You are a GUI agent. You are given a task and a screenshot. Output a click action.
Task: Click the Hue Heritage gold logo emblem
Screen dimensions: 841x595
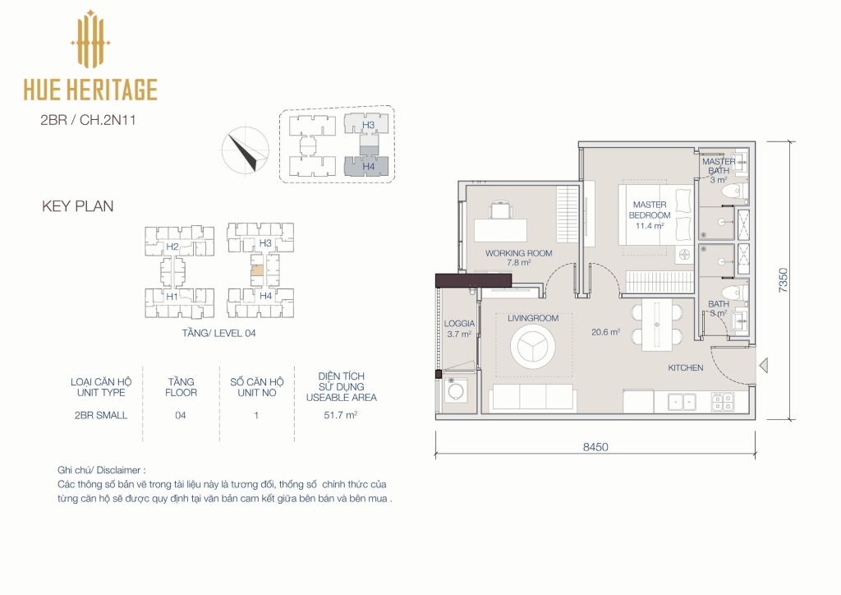90,39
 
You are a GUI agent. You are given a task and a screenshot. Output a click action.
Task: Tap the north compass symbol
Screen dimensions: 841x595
246,150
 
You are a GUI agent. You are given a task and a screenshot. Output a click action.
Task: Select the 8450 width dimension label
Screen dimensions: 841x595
595,447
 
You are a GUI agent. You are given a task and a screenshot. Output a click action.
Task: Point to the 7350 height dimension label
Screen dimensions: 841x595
783,280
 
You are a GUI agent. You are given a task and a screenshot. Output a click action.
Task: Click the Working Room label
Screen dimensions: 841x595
519,253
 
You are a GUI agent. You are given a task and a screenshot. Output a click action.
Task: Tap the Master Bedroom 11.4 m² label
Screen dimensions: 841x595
650,215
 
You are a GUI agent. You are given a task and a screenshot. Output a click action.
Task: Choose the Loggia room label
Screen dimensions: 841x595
459,324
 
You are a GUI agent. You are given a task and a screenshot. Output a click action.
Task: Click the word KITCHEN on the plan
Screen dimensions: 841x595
686,367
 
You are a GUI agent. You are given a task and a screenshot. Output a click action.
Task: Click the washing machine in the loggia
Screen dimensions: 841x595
455,390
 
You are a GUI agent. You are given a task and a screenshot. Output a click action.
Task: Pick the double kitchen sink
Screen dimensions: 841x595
682,402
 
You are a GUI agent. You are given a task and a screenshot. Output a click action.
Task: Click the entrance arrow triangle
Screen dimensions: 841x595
764,366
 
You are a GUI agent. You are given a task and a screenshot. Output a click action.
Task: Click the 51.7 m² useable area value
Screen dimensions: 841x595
341,415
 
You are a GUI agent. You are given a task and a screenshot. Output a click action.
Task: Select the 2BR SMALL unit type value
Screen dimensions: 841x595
101,415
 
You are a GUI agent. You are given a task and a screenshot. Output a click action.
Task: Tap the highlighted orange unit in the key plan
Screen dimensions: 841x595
257,271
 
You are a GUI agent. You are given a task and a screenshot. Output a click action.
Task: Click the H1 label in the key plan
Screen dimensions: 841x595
172,297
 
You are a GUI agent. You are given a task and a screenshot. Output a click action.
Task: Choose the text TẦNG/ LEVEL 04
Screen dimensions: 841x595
218,333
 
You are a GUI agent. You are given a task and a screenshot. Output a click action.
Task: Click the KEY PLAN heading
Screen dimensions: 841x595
78,206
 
